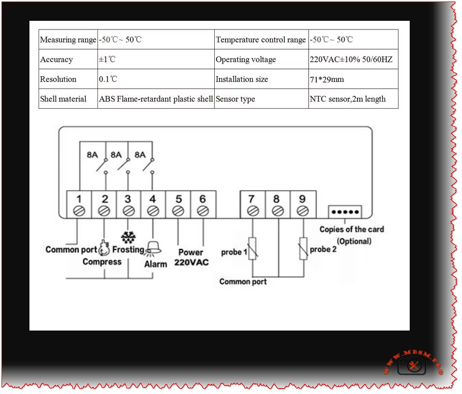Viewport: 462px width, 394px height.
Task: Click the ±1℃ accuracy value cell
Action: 107,59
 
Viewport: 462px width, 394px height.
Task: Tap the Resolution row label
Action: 58,79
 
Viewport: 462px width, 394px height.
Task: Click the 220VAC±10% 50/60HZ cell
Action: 351,59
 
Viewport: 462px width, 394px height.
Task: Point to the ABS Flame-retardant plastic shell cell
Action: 156,99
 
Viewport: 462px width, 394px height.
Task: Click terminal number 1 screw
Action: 80,210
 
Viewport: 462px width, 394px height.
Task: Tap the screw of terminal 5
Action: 178,210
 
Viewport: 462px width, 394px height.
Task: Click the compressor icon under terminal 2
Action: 105,248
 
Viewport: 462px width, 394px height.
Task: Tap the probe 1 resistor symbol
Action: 252,249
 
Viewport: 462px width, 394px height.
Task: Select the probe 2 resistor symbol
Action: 303,249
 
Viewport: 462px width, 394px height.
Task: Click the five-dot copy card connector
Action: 345,211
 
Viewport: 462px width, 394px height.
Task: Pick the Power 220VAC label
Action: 191,257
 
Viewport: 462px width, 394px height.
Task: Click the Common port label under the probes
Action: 243,281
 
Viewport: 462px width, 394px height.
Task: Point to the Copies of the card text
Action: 351,229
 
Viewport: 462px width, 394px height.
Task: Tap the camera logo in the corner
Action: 412,365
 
